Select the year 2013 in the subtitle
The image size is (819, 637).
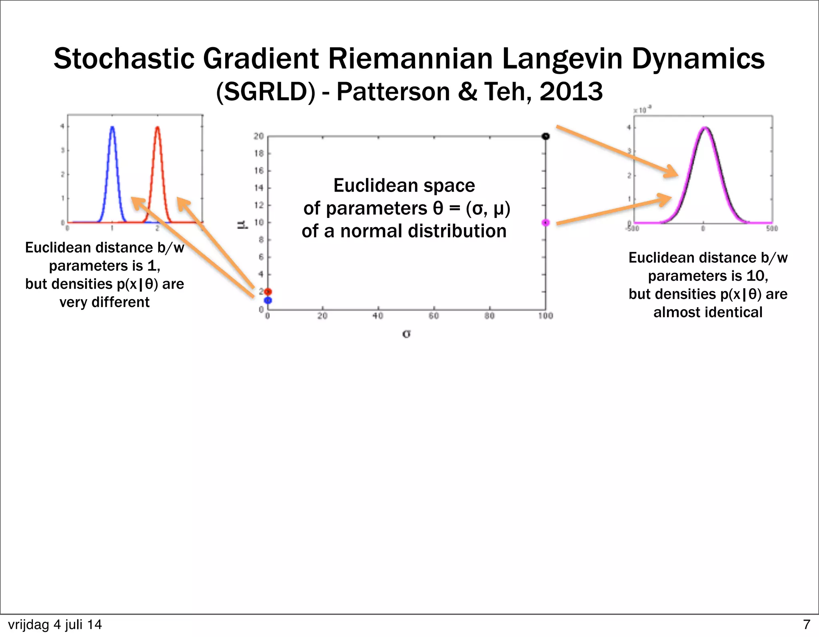point(571,92)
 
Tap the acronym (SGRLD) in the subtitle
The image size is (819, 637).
point(266,92)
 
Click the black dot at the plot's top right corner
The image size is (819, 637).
point(545,136)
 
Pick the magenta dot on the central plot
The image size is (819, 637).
point(545,223)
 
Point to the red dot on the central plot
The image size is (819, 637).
point(268,292)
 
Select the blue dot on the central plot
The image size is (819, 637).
point(268,300)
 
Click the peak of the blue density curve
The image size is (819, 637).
point(112,127)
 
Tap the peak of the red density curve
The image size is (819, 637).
point(158,127)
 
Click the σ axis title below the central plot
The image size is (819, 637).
point(406,333)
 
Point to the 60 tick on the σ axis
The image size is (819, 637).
point(434,316)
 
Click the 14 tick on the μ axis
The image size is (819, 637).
point(259,188)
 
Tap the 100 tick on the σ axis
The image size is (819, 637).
point(545,316)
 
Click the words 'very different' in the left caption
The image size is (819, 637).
point(104,302)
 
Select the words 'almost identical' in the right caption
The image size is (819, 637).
point(708,312)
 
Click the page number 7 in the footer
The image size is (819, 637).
point(806,625)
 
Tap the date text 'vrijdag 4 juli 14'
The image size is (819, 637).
point(55,625)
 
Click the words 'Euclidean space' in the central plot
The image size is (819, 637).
point(404,186)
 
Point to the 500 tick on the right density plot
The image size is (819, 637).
point(772,229)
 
